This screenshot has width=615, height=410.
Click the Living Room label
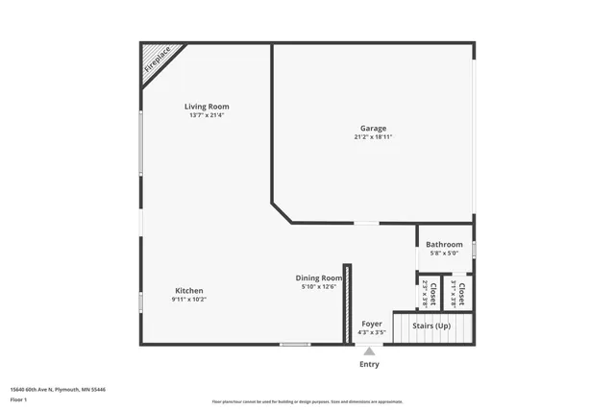coord(207,107)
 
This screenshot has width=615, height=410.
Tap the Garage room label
coord(373,128)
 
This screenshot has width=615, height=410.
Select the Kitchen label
coord(188,291)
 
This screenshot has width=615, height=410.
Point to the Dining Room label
coord(319,277)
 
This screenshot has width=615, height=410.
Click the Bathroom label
coord(444,245)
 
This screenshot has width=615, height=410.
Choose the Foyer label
coord(371,325)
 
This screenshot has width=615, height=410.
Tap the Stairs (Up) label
coord(431,326)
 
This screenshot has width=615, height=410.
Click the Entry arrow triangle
coord(369,351)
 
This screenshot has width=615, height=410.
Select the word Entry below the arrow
coord(369,365)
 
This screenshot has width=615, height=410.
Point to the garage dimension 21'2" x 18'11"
coord(373,137)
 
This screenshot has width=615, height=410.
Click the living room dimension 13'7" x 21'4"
coord(207,115)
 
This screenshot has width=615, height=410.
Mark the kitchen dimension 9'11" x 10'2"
coord(188,300)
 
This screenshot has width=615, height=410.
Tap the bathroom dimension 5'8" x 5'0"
coord(444,253)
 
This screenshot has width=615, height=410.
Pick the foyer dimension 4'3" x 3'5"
coord(371,333)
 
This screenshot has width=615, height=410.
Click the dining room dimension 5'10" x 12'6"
coord(319,286)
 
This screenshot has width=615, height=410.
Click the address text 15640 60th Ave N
coord(59,390)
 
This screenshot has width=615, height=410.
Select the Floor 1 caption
coord(18,398)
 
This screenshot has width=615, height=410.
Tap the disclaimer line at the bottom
coord(307,401)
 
